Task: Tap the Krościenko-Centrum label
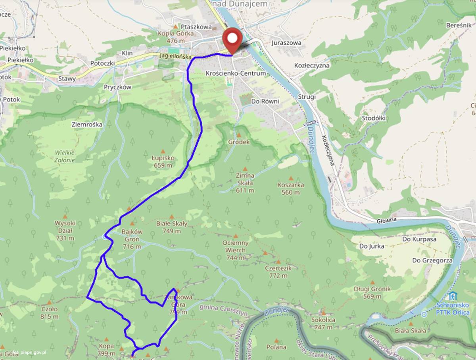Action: point(230,74)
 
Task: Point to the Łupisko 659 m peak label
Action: point(163,161)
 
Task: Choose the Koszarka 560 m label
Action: point(291,188)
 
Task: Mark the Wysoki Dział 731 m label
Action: point(65,230)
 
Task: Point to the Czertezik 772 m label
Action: point(278,272)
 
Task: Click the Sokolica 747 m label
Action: point(323,323)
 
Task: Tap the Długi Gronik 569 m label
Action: point(372,293)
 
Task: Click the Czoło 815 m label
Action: point(50,312)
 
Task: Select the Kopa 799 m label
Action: point(106,349)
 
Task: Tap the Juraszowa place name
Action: point(286,43)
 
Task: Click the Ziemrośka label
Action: point(87,124)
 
